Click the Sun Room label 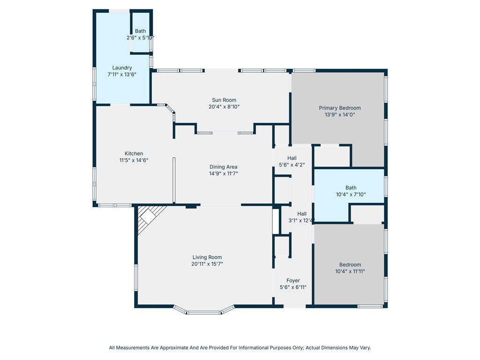[x=224, y=100]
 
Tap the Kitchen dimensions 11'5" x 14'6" [x=134, y=160]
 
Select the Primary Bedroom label [x=340, y=108]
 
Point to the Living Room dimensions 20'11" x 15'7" [x=207, y=264]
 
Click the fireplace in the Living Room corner [x=150, y=217]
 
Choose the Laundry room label [x=122, y=68]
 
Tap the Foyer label [x=293, y=281]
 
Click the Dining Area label [x=224, y=167]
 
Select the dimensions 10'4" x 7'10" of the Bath [x=351, y=195]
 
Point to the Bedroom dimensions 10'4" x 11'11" [x=350, y=271]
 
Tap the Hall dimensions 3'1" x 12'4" [x=301, y=220]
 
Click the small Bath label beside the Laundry [x=141, y=31]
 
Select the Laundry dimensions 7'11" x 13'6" [x=122, y=75]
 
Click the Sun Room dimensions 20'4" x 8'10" [x=224, y=107]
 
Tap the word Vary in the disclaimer [x=366, y=348]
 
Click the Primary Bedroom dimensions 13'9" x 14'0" [x=340, y=115]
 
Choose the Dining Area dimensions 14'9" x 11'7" [x=224, y=174]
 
